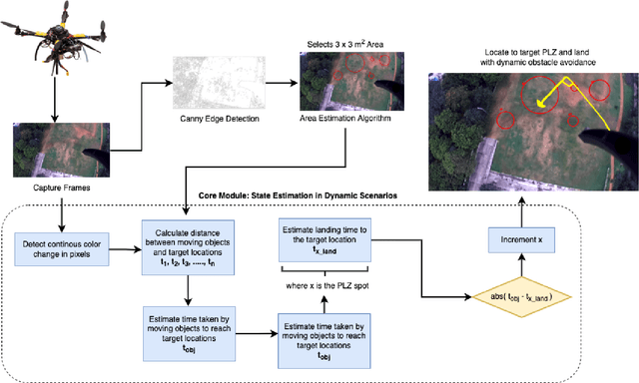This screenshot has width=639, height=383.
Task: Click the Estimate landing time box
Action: tap(322, 239)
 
